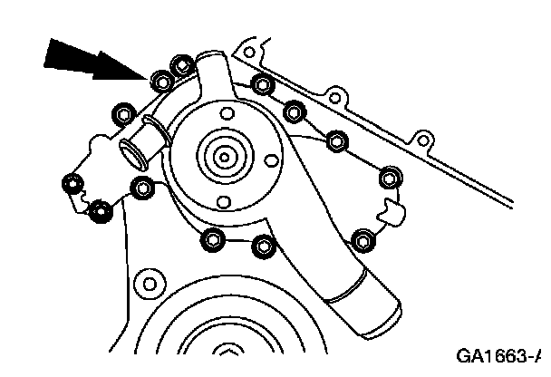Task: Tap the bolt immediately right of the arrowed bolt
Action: (x=181, y=65)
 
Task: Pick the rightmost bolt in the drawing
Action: (x=391, y=176)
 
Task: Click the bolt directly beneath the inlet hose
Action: (x=142, y=188)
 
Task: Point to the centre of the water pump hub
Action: (x=222, y=156)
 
